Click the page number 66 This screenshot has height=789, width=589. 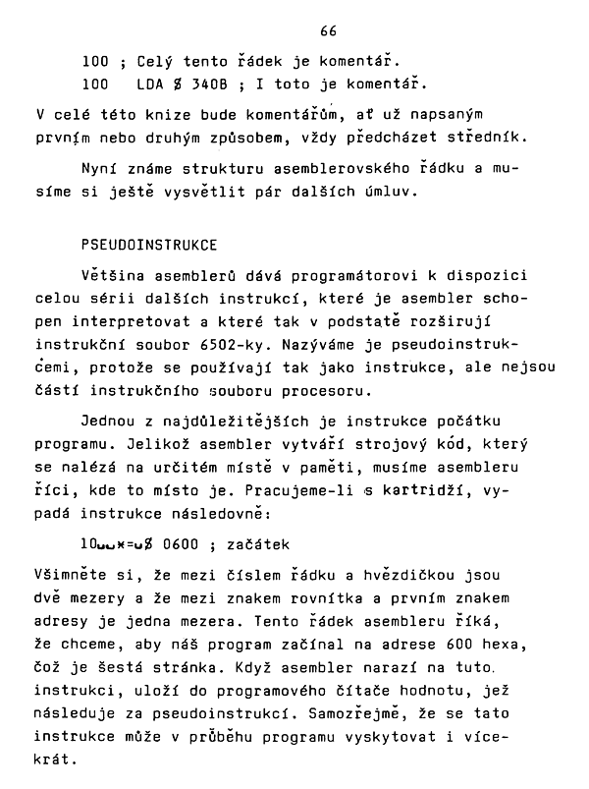(x=328, y=32)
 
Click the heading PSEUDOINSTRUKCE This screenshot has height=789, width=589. (x=149, y=243)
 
